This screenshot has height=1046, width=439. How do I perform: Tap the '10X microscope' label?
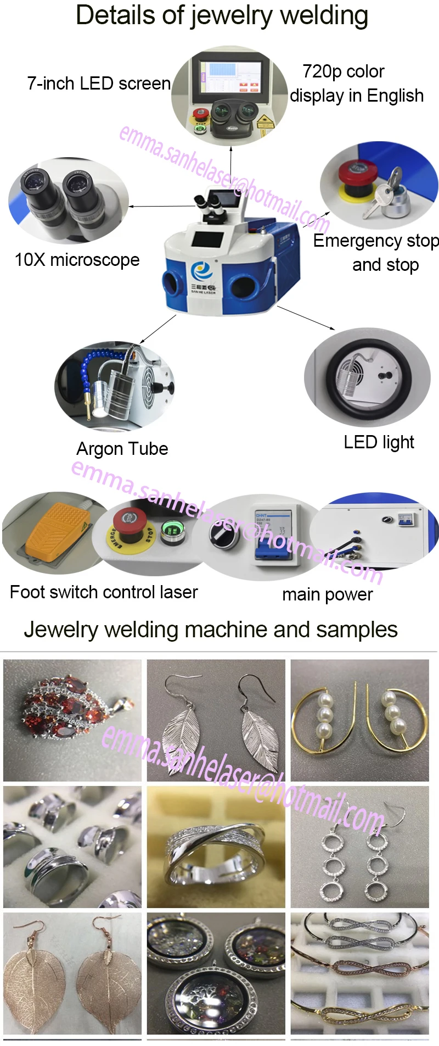click(77, 260)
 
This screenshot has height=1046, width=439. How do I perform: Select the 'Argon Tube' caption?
click(122, 449)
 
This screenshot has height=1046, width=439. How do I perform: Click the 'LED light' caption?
click(379, 442)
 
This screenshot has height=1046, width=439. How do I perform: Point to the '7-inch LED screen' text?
click(99, 84)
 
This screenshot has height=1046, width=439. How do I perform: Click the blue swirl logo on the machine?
click(201, 271)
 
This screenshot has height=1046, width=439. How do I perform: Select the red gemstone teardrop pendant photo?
click(72, 720)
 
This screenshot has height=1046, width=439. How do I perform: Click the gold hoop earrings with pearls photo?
click(359, 720)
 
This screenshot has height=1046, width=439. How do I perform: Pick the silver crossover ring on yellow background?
click(216, 847)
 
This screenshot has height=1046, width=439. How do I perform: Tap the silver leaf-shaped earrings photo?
click(216, 720)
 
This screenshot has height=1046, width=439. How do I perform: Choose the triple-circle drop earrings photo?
click(359, 847)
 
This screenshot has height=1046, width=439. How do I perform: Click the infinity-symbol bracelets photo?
click(359, 973)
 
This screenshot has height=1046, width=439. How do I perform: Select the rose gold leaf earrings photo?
click(72, 973)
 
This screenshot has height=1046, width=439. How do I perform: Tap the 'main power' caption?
click(327, 594)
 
